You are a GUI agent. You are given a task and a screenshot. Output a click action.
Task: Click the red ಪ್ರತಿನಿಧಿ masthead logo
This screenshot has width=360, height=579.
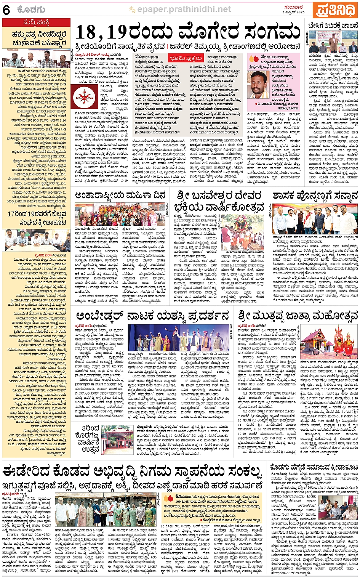click(335, 10)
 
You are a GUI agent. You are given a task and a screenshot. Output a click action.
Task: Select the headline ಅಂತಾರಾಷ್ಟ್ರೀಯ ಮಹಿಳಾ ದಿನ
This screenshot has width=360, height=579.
click(120, 196)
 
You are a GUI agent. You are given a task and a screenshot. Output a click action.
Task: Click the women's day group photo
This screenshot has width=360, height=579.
click(120, 215)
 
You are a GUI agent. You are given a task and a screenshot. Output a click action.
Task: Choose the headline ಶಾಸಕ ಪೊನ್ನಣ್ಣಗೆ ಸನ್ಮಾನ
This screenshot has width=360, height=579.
click(315, 196)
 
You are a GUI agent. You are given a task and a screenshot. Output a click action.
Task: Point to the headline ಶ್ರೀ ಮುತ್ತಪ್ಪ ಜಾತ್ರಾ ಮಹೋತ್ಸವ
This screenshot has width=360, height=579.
click(298, 316)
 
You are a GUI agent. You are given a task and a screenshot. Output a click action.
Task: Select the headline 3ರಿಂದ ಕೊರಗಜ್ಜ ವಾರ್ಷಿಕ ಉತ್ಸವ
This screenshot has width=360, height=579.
click(88, 438)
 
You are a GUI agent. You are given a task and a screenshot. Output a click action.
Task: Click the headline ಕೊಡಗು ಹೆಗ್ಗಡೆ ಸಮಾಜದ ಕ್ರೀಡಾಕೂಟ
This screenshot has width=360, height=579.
click(314, 467)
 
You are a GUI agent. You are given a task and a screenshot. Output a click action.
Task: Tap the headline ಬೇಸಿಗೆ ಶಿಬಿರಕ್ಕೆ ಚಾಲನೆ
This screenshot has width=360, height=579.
click(333, 26)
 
